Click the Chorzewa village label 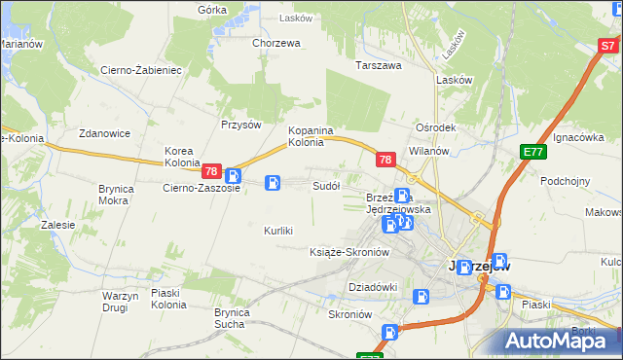coord(275,43)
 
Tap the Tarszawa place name coord(379,66)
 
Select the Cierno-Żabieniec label coord(141,70)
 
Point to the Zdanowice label coord(105,133)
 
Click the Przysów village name coord(241,125)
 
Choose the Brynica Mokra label coord(114,195)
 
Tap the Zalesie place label coord(57,225)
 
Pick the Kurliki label coord(278,231)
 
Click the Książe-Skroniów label coord(348,252)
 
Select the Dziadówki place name coord(373,287)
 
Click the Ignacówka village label coord(578,138)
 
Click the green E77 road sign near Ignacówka coord(532,152)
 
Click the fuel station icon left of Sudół coord(274,182)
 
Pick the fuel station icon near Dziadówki coord(421,297)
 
